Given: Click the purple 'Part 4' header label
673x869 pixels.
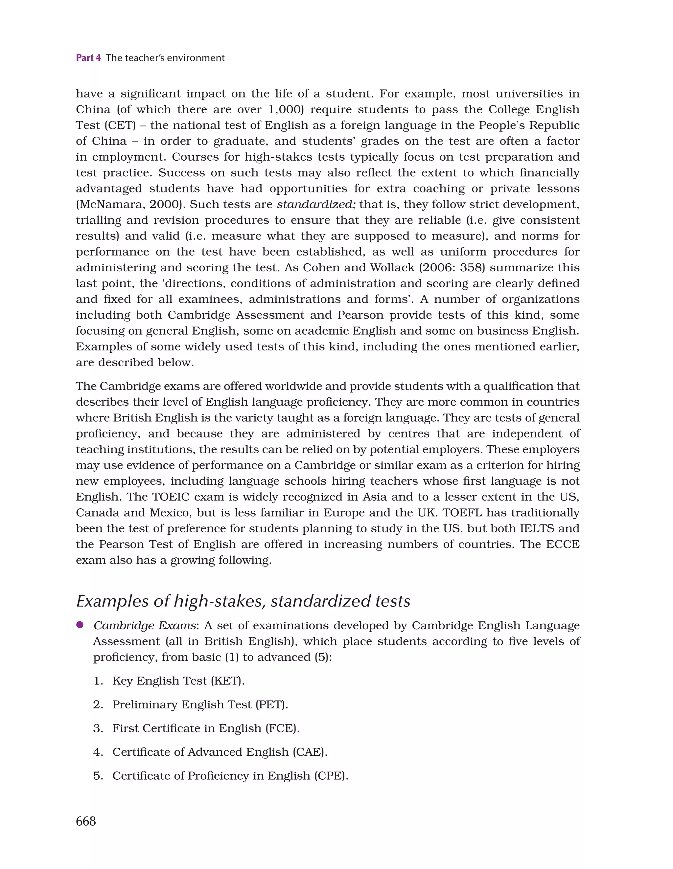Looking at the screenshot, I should [x=88, y=58].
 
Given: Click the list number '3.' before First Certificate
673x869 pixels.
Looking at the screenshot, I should [x=98, y=728].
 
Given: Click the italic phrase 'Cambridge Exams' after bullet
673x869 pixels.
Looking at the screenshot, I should [x=145, y=626].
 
